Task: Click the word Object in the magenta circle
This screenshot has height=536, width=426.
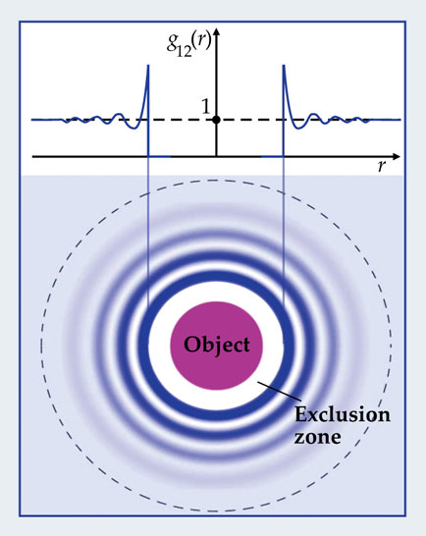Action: click(x=217, y=345)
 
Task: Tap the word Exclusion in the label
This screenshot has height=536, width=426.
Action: click(x=343, y=414)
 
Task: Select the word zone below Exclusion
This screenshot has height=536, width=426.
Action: click(x=317, y=437)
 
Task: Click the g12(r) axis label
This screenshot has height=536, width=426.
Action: click(x=188, y=45)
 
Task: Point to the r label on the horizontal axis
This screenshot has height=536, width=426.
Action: click(x=382, y=166)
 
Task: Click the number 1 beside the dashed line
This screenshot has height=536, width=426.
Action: click(x=205, y=107)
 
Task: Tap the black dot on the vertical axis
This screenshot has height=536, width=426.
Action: click(x=216, y=120)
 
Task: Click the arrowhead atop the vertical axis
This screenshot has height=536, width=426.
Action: click(x=216, y=32)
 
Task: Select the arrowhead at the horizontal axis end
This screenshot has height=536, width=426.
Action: click(x=396, y=156)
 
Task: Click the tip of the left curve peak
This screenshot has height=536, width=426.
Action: click(x=148, y=65)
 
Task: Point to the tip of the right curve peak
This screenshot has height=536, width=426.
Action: click(x=284, y=65)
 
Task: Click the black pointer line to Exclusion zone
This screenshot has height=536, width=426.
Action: click(x=280, y=391)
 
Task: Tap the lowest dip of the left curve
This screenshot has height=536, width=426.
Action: click(x=133, y=129)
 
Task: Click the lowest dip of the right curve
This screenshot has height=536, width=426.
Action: click(x=298, y=129)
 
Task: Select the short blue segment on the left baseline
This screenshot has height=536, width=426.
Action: click(x=159, y=156)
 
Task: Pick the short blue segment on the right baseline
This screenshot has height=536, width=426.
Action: click(x=273, y=156)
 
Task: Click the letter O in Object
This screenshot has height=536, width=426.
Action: click(x=191, y=345)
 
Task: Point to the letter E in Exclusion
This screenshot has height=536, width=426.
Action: click(x=300, y=414)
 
